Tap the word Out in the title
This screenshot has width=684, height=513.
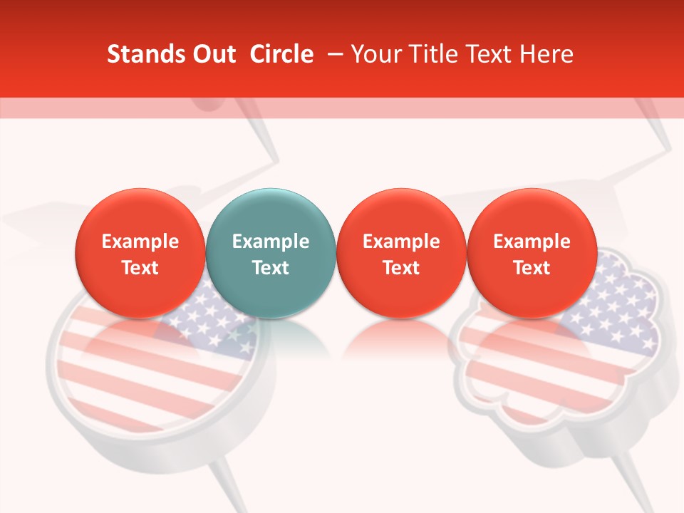(213, 54)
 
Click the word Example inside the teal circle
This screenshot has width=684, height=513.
(271, 242)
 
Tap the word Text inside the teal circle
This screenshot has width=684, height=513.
(271, 268)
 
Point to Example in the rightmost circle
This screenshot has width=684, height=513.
(532, 242)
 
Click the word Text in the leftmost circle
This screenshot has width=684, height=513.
(140, 268)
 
